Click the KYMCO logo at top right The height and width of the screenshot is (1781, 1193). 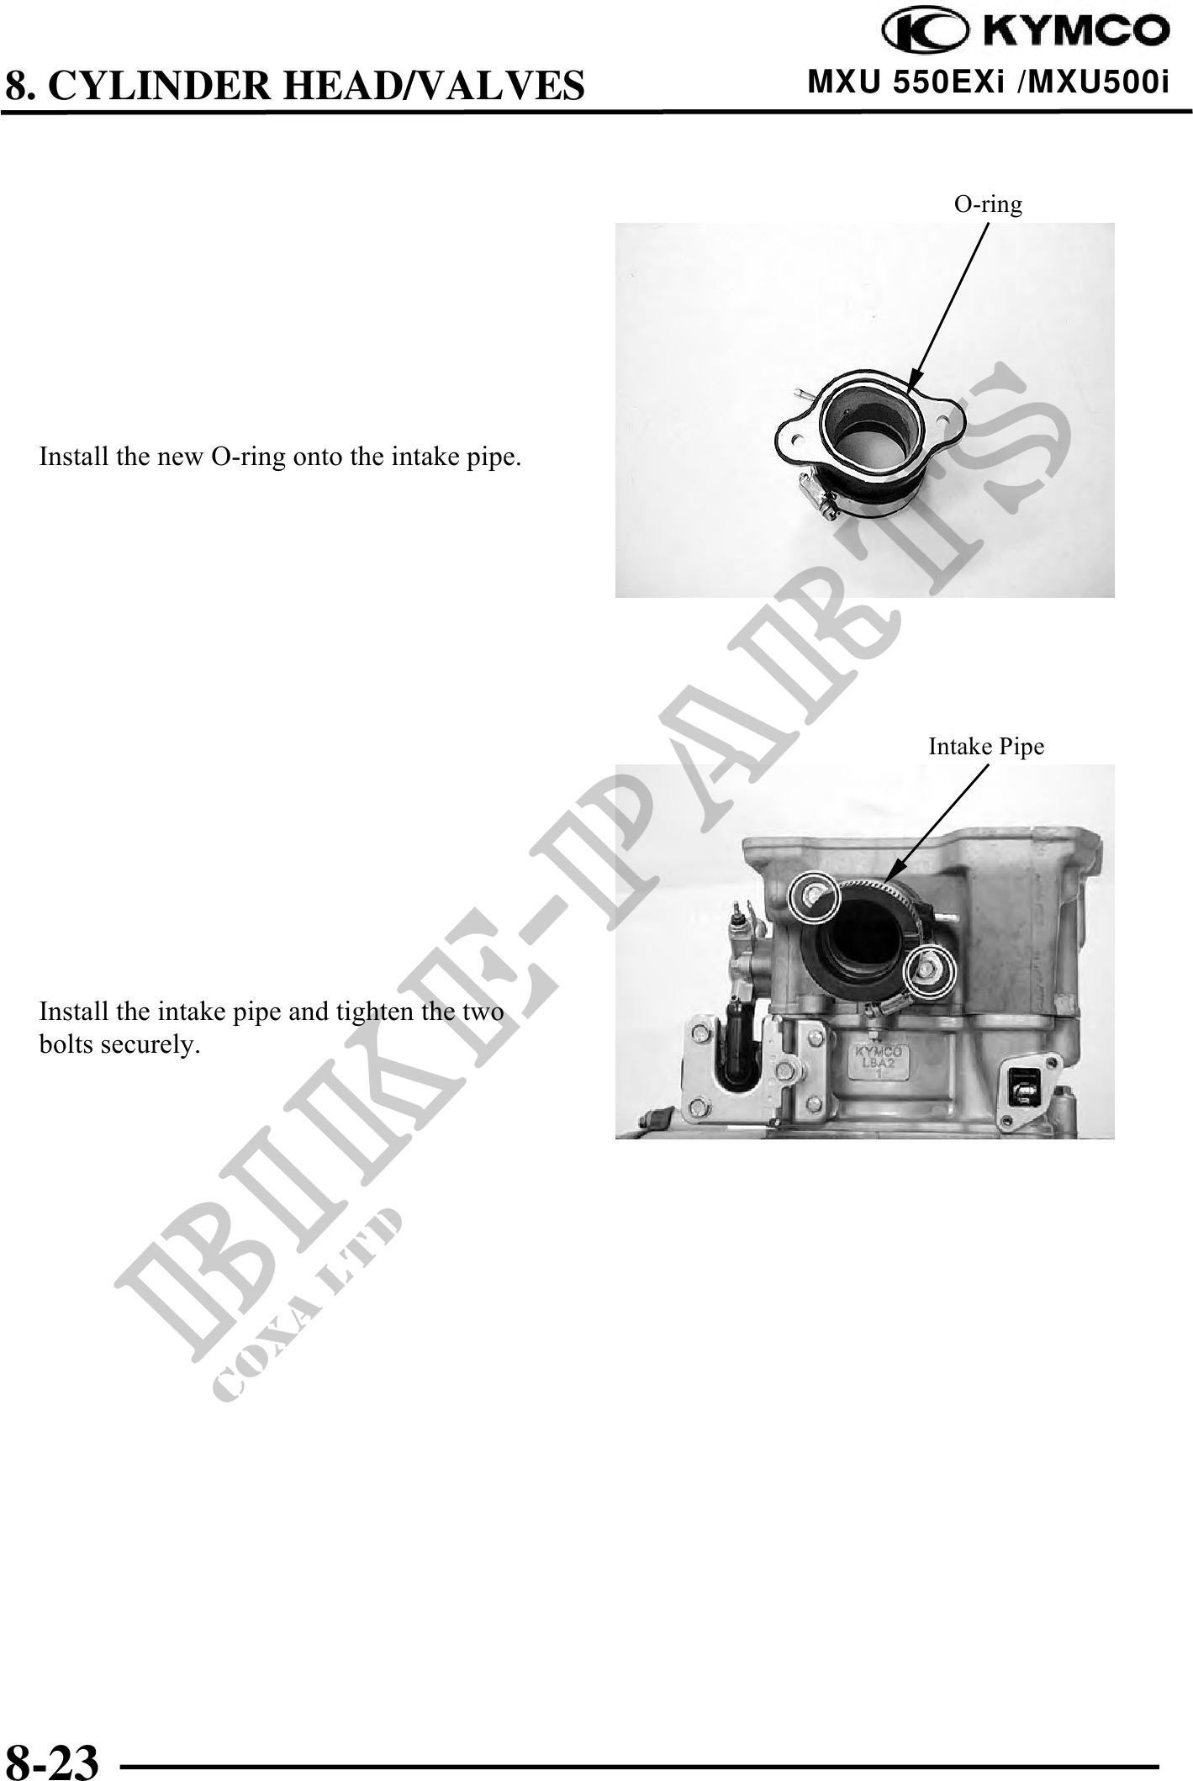(1025, 31)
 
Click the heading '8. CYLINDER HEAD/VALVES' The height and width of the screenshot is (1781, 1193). (294, 85)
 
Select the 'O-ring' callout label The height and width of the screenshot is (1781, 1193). (988, 204)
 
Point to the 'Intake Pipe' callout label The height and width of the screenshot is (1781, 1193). (986, 746)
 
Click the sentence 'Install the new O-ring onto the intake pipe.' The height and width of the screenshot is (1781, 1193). (280, 457)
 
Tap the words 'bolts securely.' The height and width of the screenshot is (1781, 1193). (119, 1045)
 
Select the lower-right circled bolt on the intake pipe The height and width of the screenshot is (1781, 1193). (929, 970)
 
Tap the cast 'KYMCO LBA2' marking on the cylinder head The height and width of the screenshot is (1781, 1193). (879, 1061)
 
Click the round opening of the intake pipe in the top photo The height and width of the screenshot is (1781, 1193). (873, 429)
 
